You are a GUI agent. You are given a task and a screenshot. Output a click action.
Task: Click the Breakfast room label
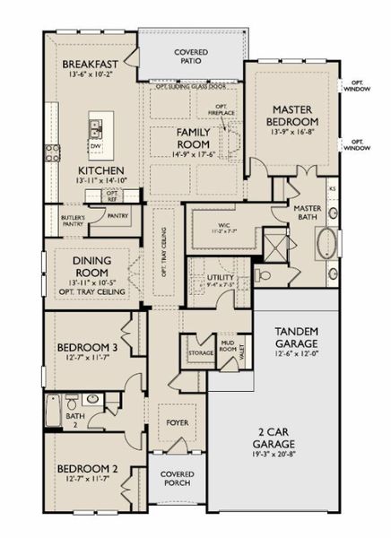tap(91, 65)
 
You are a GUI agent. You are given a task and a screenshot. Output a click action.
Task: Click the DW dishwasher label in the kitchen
tap(95, 145)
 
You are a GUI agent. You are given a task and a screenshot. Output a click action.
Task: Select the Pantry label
tap(117, 216)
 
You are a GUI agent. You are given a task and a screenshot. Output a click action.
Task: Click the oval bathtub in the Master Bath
tap(327, 244)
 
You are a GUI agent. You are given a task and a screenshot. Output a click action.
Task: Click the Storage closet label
tap(201, 352)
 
